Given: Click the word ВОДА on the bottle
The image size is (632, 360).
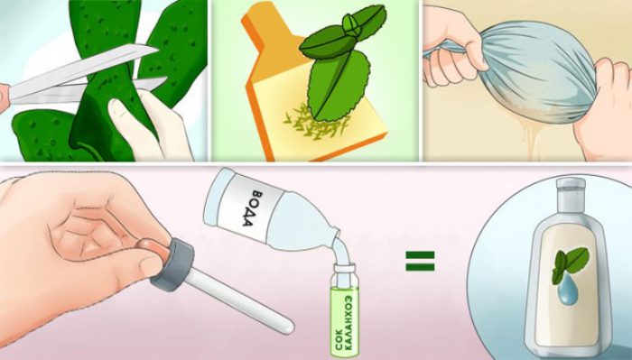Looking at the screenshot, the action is point(252,208).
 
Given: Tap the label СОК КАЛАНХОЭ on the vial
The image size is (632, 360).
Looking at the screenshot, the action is point(344,322).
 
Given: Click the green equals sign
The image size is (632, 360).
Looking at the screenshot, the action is point(420,261).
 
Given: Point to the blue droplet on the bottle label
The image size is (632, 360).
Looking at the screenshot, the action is point(566,292).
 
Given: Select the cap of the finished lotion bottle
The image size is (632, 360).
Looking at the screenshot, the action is point(571,185).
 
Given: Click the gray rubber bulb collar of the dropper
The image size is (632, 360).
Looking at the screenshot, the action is point(172,263).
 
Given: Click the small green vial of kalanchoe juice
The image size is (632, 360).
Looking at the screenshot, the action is point(344,310).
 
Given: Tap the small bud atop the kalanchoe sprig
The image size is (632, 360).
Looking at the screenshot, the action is point(350,24).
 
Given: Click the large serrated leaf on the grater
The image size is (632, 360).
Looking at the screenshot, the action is point(338,85).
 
